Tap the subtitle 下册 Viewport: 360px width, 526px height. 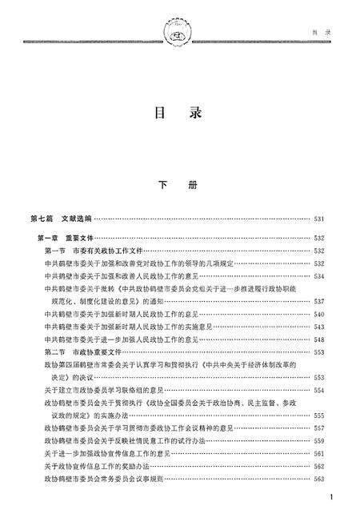coord(178,183)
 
